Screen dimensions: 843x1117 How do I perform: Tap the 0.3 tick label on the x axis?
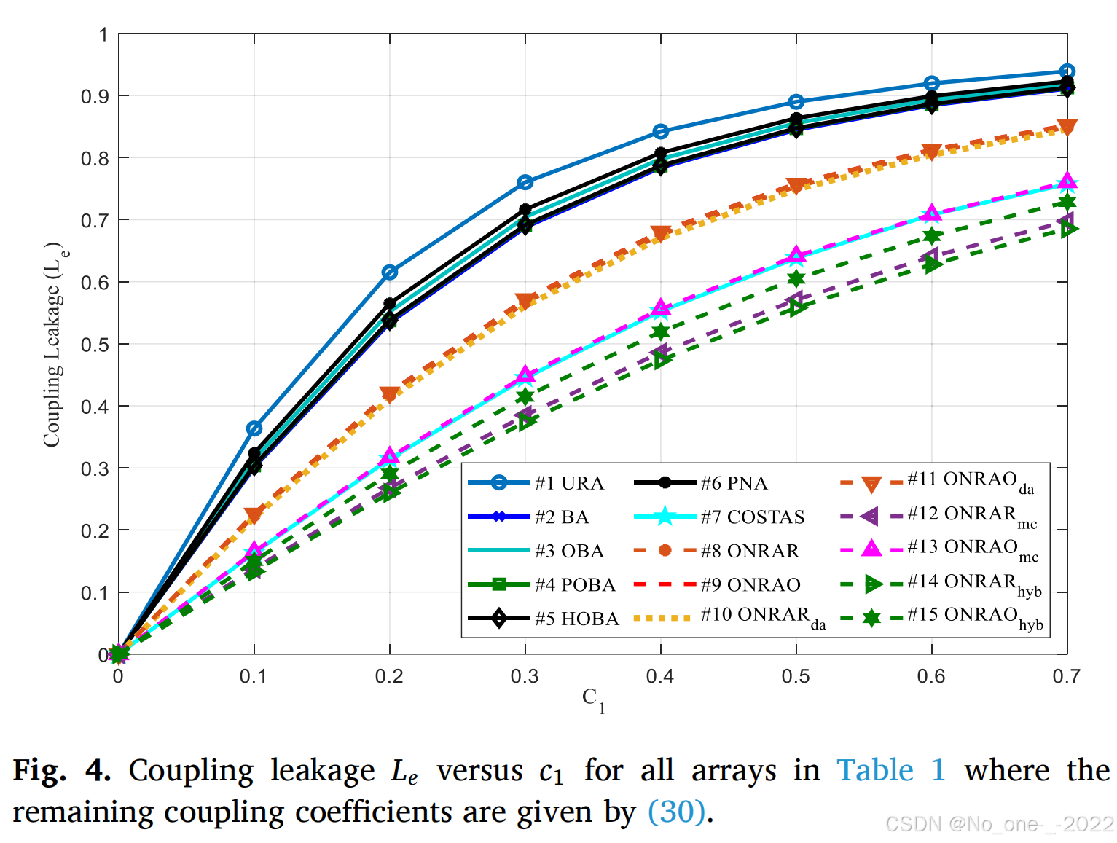[525, 677]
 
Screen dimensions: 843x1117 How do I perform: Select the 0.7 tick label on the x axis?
[1066, 677]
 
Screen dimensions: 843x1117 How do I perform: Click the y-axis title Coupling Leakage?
[53, 344]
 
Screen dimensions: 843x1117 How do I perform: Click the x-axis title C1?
[592, 699]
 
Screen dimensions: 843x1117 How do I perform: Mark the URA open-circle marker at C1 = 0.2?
[390, 272]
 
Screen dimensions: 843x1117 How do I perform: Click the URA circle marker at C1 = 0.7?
[1067, 72]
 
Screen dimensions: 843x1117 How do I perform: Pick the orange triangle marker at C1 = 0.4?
[661, 234]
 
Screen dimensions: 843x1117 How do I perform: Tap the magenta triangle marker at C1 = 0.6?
[931, 213]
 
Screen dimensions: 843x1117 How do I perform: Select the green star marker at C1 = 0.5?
[796, 278]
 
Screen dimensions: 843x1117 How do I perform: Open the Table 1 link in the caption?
[890, 770]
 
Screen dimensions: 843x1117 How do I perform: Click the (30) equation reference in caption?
[677, 812]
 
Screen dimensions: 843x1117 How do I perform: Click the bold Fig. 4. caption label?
[62, 770]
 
